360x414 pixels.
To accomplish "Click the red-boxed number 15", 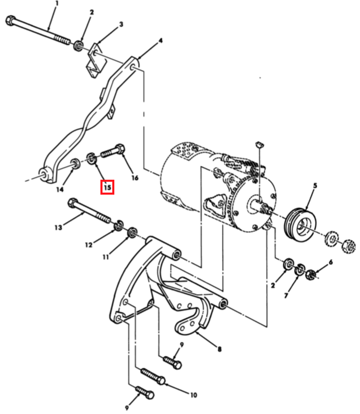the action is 107,187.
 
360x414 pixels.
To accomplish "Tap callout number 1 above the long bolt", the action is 57,4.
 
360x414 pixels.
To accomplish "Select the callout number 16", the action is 135,178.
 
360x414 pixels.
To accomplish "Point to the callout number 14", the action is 60,189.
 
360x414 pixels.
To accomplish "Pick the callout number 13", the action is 58,227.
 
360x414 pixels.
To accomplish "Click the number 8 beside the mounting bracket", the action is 219,349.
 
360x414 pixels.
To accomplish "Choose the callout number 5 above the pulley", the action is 315,185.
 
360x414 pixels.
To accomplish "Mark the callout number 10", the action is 194,395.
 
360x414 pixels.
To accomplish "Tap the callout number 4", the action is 160,40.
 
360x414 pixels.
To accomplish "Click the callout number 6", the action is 331,262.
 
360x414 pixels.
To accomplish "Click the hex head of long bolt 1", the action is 10,21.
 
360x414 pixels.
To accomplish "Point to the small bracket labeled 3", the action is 95,60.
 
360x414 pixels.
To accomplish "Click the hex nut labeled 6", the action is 311,274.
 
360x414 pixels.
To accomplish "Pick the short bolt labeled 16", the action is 113,151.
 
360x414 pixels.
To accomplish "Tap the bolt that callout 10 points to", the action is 153,376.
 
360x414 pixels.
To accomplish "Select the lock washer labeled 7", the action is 300,269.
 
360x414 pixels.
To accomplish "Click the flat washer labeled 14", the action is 76,164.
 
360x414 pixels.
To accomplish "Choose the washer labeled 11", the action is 132,232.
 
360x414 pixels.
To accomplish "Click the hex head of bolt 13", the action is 73,203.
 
